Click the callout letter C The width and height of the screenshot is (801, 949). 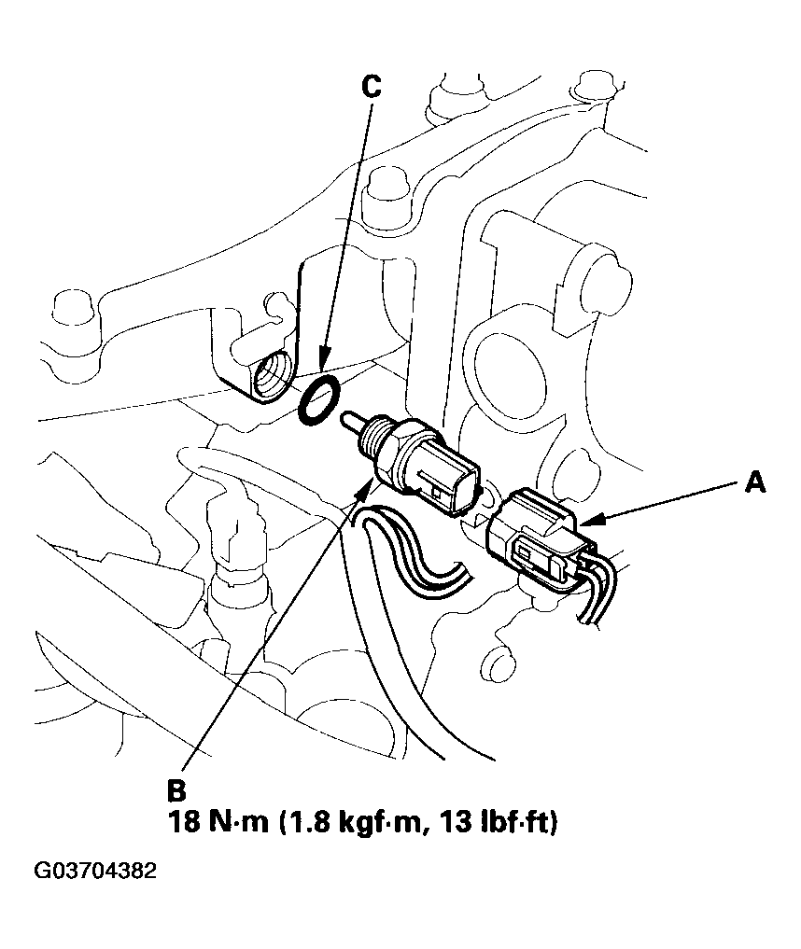click(371, 87)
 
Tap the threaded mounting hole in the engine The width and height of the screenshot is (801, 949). click(272, 381)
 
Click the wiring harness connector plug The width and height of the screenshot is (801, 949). click(537, 541)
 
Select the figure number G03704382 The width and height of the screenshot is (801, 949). click(95, 872)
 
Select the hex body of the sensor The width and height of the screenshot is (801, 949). click(411, 456)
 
